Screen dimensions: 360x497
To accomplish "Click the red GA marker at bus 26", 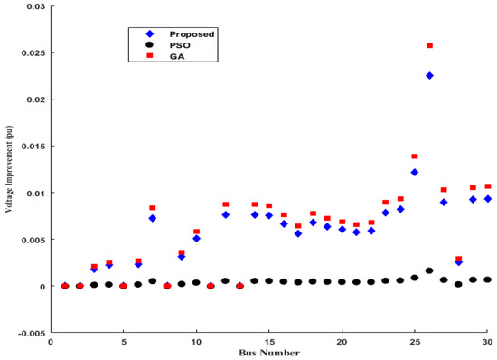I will click(x=429, y=45).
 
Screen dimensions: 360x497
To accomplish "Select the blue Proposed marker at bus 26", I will click(x=429, y=76).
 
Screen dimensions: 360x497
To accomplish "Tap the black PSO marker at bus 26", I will click(x=429, y=270).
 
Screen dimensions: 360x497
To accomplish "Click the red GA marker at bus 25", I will click(x=415, y=156).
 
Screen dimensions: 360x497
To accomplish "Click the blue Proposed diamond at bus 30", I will click(x=487, y=199).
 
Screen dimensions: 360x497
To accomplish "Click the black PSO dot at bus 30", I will click(x=487, y=279).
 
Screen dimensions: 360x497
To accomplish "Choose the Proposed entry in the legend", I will click(x=193, y=33).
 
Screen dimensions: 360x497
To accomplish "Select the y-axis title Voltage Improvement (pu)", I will click(x=9, y=169).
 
